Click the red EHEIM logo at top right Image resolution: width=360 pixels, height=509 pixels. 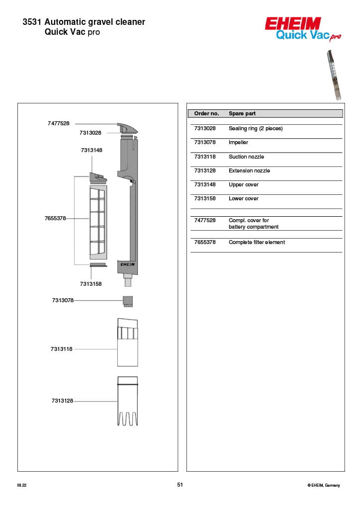(x=293, y=23)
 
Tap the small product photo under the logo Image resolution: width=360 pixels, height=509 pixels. (x=333, y=75)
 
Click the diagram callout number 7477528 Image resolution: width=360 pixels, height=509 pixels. (x=59, y=123)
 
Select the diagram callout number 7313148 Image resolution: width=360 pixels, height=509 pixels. (x=91, y=150)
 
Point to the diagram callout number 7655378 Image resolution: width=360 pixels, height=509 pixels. (x=55, y=218)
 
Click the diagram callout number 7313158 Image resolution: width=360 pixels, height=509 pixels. (x=91, y=284)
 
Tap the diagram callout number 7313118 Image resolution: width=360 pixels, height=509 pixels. (x=61, y=349)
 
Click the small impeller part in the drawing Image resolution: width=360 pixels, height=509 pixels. (x=128, y=301)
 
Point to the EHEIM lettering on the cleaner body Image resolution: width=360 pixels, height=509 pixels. (x=127, y=264)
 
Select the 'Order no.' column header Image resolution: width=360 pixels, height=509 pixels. (x=206, y=114)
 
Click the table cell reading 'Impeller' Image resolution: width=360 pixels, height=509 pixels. (x=238, y=142)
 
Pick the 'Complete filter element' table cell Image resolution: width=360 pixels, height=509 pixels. (x=257, y=243)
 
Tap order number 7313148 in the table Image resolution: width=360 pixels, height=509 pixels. (x=204, y=185)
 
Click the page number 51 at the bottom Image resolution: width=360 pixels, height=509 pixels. (x=180, y=485)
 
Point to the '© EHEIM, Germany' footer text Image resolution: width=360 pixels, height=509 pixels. (x=324, y=485)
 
